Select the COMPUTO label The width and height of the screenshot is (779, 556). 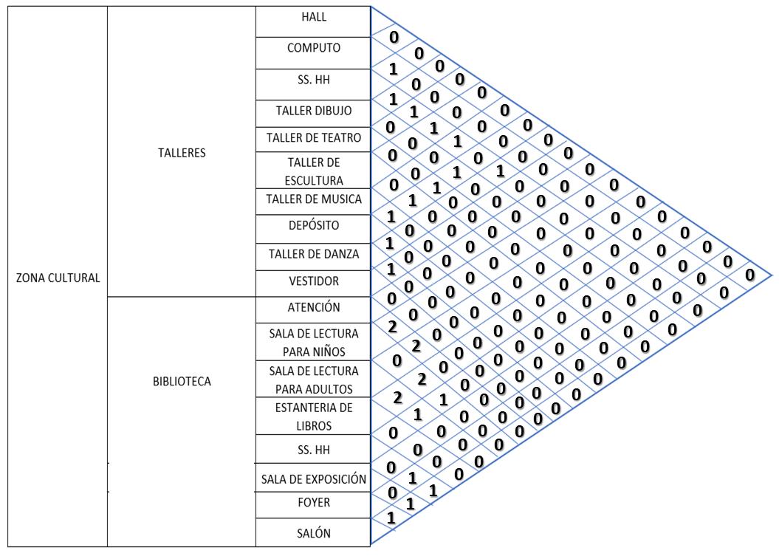tap(313, 50)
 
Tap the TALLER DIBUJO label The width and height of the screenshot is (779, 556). tap(313, 111)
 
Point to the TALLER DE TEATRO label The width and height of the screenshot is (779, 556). tap(313, 139)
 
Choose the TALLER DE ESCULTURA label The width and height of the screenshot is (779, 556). tap(313, 171)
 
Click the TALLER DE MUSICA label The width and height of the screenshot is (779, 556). tap(313, 199)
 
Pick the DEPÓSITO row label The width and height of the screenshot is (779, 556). tap(313, 226)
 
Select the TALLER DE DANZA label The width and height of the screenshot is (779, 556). tap(313, 255)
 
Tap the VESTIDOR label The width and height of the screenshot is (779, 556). tap(313, 281)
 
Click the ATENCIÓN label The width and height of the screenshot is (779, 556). tap(313, 306)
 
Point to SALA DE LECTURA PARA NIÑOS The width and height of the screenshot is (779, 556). tap(313, 341)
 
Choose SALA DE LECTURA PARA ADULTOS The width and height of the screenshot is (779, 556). tap(313, 379)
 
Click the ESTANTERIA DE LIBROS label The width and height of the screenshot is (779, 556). tap(313, 416)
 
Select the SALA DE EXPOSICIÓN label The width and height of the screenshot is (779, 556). tap(314, 480)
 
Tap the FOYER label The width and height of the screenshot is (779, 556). tap(313, 503)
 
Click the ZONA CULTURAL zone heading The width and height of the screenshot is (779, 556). tap(58, 278)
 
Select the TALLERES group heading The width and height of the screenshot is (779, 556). tap(182, 155)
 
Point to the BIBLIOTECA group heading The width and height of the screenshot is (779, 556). tap(182, 382)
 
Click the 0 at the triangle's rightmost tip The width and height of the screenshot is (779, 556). tap(750, 275)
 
